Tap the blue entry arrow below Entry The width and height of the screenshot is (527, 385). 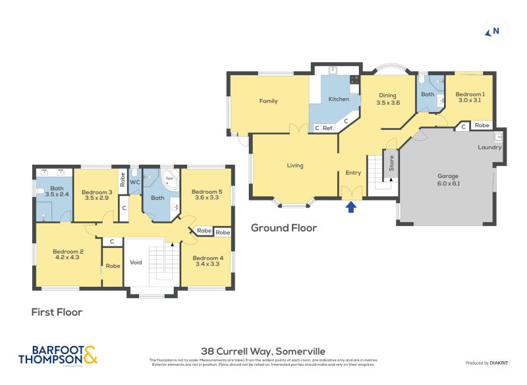point(351,207)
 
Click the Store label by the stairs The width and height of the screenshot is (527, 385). point(391,163)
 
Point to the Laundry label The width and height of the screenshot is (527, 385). point(489,147)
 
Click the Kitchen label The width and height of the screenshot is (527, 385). point(339,99)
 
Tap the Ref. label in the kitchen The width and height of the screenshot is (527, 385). point(327,128)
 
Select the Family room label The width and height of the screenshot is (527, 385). point(268,101)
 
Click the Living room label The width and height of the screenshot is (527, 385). point(294,165)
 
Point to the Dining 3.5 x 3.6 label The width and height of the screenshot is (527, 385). point(388,99)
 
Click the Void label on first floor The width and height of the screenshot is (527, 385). point(136,262)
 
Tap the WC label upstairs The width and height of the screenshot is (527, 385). point(134,181)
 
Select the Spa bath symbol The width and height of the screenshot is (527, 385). point(169,180)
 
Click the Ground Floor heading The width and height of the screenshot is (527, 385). point(284,228)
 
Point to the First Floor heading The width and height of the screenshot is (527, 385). point(57,312)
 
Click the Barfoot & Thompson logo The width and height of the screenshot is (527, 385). point(58,355)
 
